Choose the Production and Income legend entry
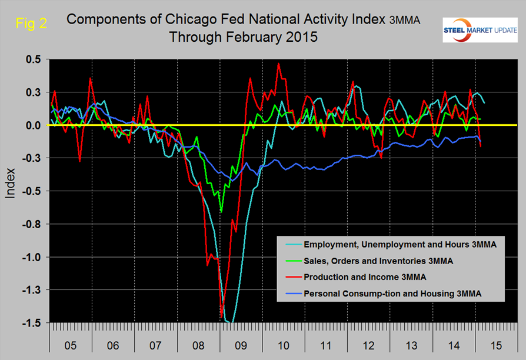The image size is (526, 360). tap(365, 276)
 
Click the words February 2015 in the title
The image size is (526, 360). tap(273, 36)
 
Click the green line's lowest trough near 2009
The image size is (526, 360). tap(221, 211)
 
